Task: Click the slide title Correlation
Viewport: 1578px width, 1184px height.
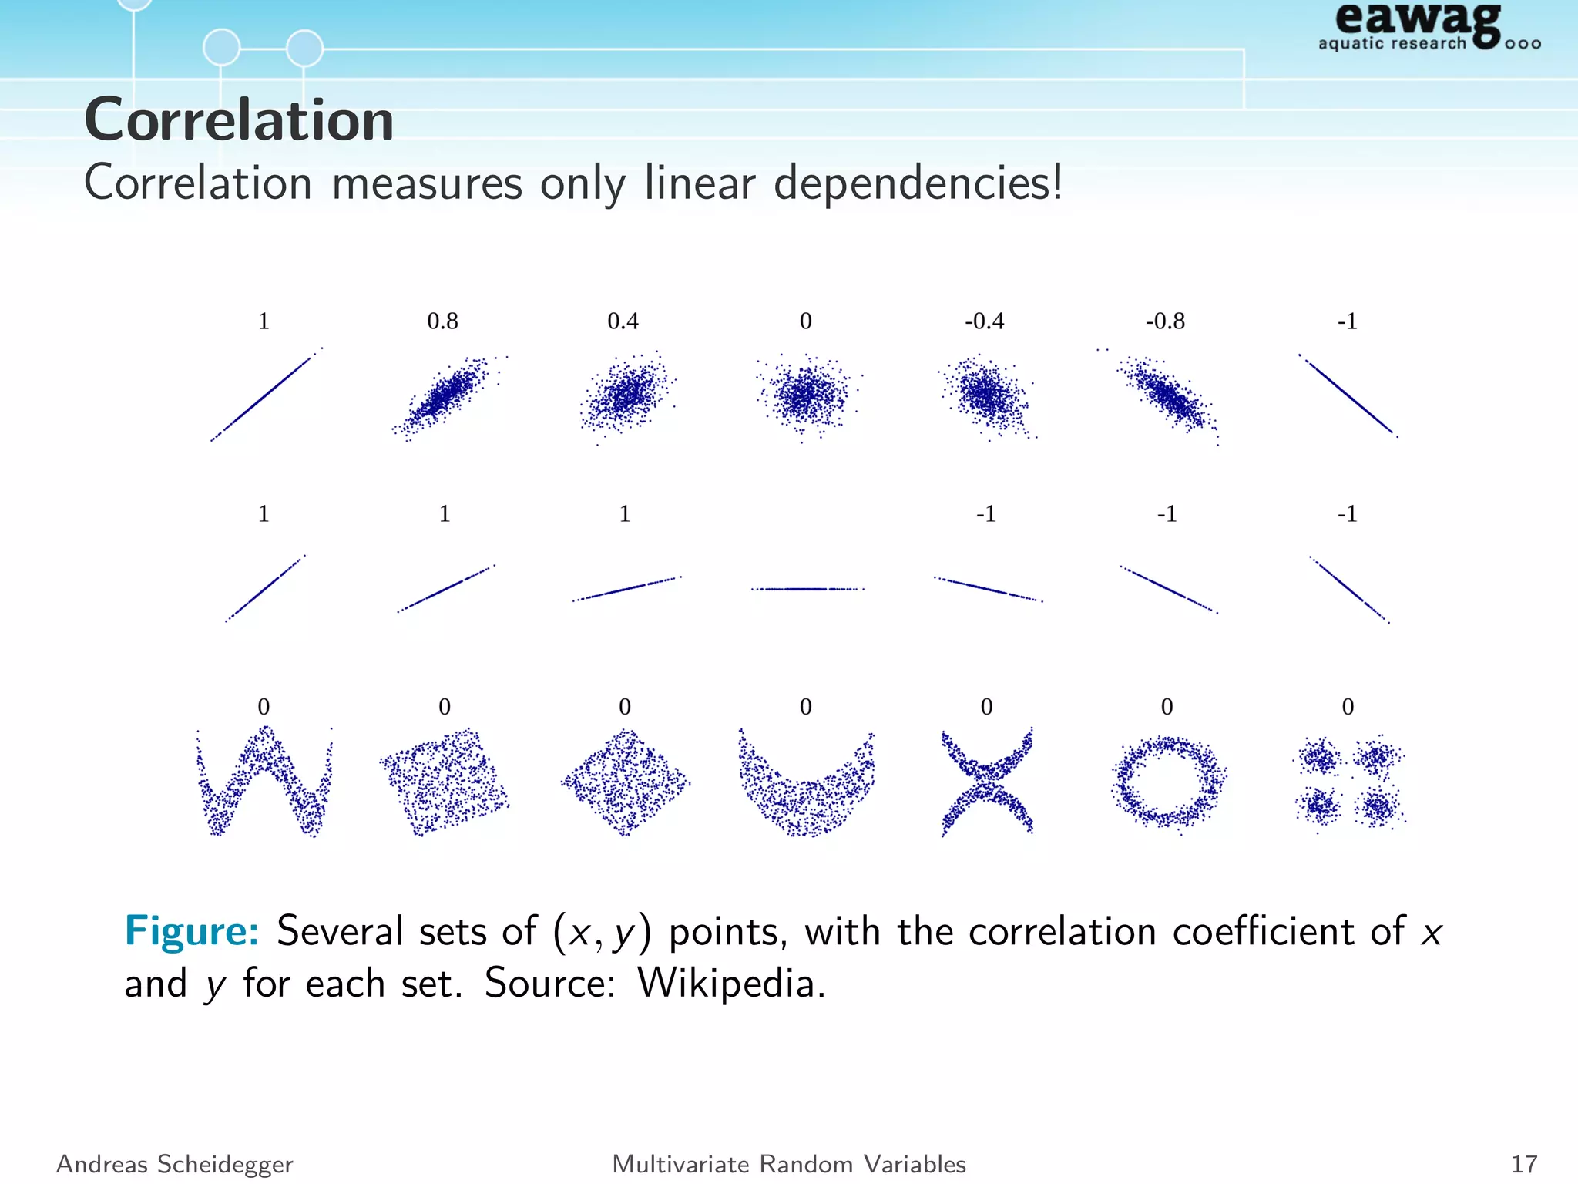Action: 239,120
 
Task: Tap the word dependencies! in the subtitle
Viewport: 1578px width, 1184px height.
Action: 918,184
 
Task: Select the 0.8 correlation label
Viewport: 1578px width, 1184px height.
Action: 442,321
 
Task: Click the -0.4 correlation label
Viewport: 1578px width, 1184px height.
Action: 984,321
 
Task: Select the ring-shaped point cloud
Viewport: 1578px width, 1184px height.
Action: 1168,782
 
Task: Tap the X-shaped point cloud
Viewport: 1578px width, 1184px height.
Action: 987,782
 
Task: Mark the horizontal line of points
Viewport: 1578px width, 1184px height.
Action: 807,589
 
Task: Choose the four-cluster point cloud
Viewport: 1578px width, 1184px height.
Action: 1348,782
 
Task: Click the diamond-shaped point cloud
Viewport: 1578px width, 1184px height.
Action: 625,782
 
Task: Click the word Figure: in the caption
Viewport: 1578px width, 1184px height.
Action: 192,931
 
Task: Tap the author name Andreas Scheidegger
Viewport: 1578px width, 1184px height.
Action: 175,1164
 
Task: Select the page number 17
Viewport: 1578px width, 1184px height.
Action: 1524,1164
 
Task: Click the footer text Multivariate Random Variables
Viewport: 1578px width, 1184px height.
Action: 789,1164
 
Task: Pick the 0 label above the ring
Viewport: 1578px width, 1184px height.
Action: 1167,707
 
